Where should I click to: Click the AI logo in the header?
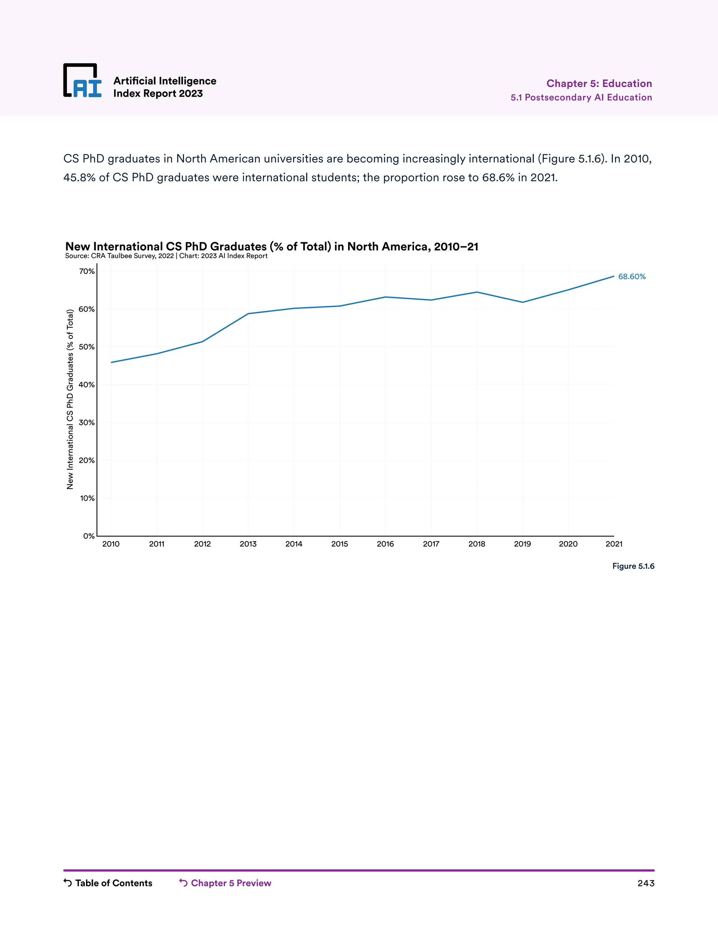tap(82, 81)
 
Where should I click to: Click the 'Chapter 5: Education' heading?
tap(599, 83)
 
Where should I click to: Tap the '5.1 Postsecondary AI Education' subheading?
tap(581, 97)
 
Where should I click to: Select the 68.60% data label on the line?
tap(632, 277)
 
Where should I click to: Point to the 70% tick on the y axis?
tap(87, 271)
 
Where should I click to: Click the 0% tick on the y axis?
tap(88, 536)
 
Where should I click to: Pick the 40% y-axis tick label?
tap(87, 385)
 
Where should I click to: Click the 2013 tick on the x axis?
tap(248, 544)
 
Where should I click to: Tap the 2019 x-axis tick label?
tap(522, 544)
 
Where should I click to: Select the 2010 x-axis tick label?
tap(111, 544)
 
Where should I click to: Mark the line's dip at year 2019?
tap(522, 302)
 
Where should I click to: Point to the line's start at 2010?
tap(111, 362)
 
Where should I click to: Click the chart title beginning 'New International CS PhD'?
tap(271, 247)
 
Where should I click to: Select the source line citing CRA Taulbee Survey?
tap(166, 256)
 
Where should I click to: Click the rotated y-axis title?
tap(70, 399)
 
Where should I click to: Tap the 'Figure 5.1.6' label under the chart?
tap(633, 566)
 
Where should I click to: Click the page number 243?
tap(645, 883)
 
